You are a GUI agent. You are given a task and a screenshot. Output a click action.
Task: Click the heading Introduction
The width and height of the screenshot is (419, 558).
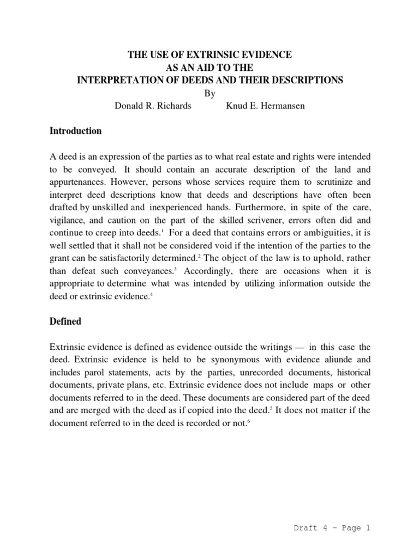[75, 131]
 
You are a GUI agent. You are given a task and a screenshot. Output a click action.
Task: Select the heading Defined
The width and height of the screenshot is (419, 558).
[65, 322]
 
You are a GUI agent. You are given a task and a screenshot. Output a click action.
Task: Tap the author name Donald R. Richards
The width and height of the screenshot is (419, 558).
[153, 106]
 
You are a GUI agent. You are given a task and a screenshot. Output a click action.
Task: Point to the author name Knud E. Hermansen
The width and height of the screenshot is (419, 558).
[266, 106]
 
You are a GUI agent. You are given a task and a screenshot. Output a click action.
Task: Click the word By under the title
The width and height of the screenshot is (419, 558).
[209, 93]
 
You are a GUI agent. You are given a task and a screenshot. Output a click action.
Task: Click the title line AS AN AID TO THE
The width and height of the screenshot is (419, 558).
[209, 68]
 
